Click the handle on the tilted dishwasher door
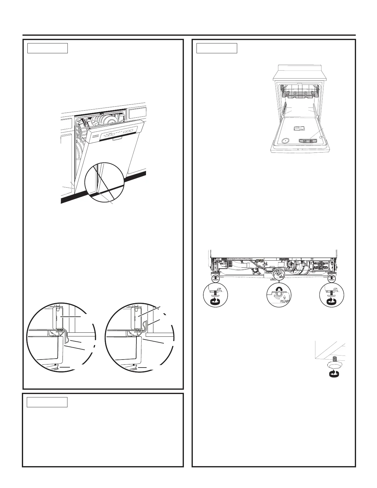(117, 139)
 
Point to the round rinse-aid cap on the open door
(286, 141)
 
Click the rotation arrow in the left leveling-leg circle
(215, 300)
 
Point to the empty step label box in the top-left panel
(47, 48)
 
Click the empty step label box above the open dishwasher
(217, 48)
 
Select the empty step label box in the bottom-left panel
(47, 402)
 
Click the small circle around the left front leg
(216, 279)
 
